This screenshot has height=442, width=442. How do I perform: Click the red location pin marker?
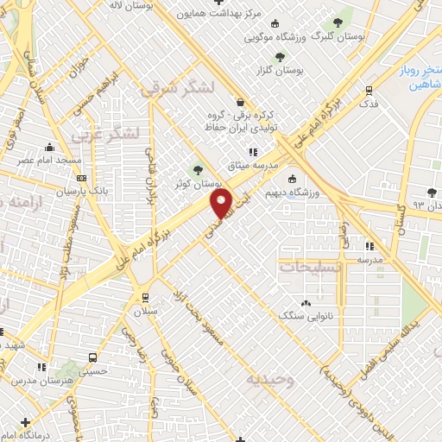(222, 204)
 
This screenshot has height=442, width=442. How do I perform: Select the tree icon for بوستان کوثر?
(199, 170)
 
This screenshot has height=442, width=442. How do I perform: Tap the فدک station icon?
(369, 90)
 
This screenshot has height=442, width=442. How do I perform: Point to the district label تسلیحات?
(313, 267)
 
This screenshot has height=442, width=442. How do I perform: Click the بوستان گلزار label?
(280, 69)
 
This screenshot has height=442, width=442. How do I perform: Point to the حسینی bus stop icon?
(92, 357)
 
